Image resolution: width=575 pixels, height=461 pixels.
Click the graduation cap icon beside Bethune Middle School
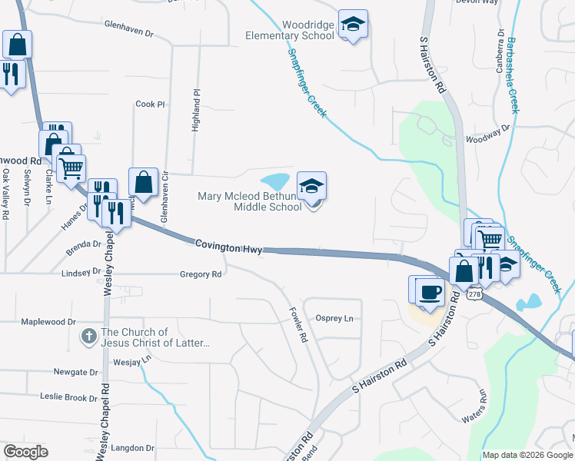tap(311, 186)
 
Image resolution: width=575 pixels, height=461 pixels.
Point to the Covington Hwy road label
tap(228, 246)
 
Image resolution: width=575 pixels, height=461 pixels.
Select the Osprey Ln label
tap(335, 318)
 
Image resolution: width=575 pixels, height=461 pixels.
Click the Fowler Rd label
tap(298, 325)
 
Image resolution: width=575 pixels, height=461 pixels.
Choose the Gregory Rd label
tap(201, 274)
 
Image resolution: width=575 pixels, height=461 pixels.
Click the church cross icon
tap(89, 336)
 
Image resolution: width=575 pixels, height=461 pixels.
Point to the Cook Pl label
tap(150, 104)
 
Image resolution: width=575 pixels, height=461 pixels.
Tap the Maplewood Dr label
tap(49, 322)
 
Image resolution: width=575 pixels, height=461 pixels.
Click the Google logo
tap(26, 452)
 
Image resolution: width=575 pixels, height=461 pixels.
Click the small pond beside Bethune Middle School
tap(276, 181)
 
